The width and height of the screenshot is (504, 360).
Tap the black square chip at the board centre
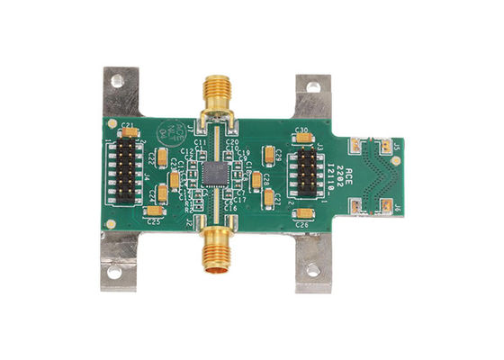[215, 173]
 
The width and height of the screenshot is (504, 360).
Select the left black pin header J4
[127, 171]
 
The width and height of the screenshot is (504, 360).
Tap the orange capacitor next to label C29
[269, 153]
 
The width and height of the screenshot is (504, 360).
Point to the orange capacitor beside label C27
[269, 195]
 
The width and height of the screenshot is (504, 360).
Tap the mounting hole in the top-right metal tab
[313, 88]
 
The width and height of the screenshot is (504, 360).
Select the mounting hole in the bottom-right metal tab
[313, 268]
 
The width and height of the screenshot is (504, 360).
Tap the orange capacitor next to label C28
[256, 180]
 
